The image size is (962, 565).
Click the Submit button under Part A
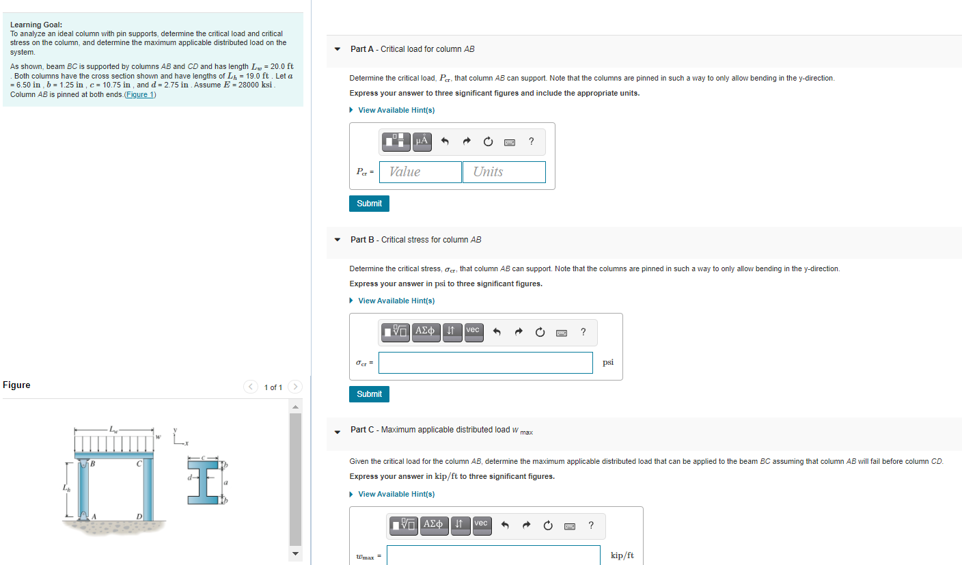pyautogui.click(x=369, y=204)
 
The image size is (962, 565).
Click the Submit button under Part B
pyautogui.click(x=369, y=394)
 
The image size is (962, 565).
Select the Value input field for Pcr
pyautogui.click(x=420, y=172)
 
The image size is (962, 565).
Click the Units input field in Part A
pyautogui.click(x=504, y=172)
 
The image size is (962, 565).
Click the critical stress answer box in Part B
pyautogui.click(x=485, y=363)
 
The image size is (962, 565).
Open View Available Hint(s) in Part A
pyautogui.click(x=396, y=110)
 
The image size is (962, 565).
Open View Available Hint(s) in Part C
pyautogui.click(x=396, y=494)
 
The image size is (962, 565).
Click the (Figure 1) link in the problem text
pyautogui.click(x=140, y=94)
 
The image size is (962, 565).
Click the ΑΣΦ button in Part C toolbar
pyautogui.click(x=432, y=525)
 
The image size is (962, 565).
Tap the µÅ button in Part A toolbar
pyautogui.click(x=422, y=141)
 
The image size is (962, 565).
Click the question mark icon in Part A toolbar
pyautogui.click(x=532, y=141)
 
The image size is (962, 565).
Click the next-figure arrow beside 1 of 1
pyautogui.click(x=295, y=387)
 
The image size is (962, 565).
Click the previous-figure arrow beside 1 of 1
pyautogui.click(x=251, y=387)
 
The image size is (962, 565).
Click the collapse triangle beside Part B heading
pyautogui.click(x=337, y=240)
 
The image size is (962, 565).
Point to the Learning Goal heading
pyautogui.click(x=36, y=25)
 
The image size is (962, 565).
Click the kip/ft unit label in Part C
pyautogui.click(x=622, y=556)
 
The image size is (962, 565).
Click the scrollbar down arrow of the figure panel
pyautogui.click(x=295, y=553)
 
